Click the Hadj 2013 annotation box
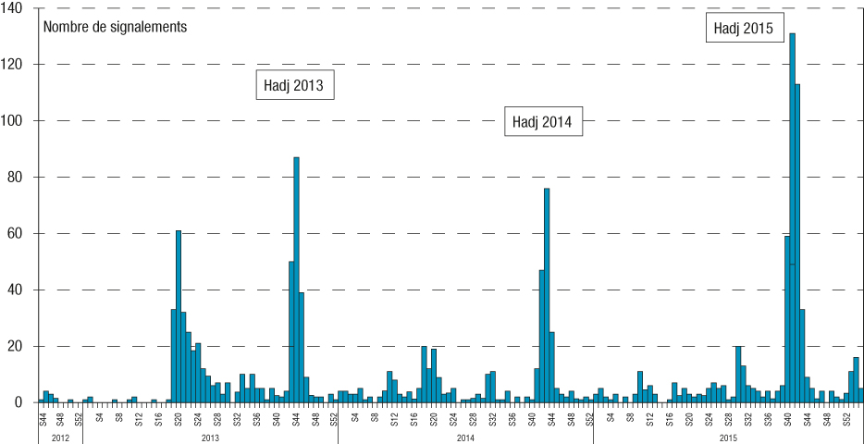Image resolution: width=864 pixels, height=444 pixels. [x=293, y=86]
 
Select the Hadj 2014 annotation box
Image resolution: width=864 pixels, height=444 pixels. [x=543, y=121]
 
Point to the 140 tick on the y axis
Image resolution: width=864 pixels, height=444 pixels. [x=18, y=8]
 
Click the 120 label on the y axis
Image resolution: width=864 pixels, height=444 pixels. [x=18, y=65]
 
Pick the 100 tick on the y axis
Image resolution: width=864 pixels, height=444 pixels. [x=18, y=121]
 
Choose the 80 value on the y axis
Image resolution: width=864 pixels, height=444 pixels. [x=20, y=178]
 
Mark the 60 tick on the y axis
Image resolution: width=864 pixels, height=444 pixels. [x=20, y=234]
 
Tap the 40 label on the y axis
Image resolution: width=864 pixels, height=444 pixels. [x=20, y=290]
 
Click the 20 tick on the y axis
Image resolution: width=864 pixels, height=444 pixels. [x=20, y=347]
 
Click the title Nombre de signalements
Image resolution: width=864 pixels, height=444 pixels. [x=115, y=27]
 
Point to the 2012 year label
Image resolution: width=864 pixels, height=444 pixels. [x=59, y=436]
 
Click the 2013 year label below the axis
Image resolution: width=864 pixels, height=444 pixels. [x=210, y=436]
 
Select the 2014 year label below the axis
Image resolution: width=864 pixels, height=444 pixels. [x=465, y=436]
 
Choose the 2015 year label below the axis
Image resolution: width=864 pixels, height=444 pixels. [x=728, y=436]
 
